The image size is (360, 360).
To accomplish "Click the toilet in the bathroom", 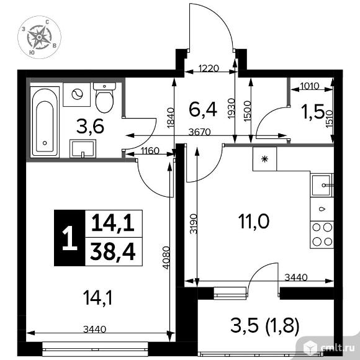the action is [x=104, y=97].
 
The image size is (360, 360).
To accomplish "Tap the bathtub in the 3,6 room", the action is [x=45, y=122].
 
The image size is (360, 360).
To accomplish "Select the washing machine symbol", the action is [x=77, y=94].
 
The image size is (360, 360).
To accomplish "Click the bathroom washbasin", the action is [x=83, y=148].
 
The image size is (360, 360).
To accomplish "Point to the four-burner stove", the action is [x=322, y=235].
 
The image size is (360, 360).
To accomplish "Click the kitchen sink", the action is [x=322, y=186].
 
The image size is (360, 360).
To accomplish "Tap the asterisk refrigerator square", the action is [x=264, y=159].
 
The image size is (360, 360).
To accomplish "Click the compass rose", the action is [x=39, y=37].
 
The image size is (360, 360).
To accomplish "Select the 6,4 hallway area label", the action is [x=203, y=110].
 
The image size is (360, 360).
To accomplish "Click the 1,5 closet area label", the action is [x=314, y=112].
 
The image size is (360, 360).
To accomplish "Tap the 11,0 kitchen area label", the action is [x=254, y=222].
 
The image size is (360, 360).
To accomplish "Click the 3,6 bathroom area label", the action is [x=90, y=127].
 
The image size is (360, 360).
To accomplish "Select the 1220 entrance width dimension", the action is [x=209, y=68].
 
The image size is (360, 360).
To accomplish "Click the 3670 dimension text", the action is [x=199, y=132].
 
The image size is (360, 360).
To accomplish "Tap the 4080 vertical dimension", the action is [x=166, y=258].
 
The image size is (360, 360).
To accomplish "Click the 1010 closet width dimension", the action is [x=310, y=86].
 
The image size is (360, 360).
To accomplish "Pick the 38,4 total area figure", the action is [x=113, y=252].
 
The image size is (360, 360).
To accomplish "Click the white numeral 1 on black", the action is [x=70, y=238].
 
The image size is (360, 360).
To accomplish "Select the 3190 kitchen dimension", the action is [x=194, y=223].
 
